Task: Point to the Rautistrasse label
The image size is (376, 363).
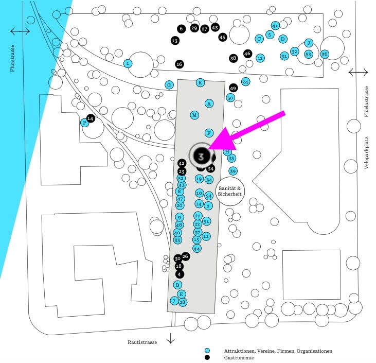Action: pyautogui.click(x=141, y=342)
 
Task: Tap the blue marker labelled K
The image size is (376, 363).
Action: pyautogui.click(x=201, y=82)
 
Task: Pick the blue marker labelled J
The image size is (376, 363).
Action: pyautogui.click(x=309, y=43)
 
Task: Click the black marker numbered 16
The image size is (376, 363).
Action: pyautogui.click(x=179, y=64)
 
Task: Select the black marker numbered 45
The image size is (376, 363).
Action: pyautogui.click(x=223, y=37)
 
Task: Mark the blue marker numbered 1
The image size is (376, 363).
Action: pyautogui.click(x=128, y=63)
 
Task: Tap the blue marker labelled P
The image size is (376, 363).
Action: pyautogui.click(x=84, y=123)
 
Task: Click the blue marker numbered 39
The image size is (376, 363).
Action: pyautogui.click(x=233, y=171)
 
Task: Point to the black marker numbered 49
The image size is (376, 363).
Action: pyautogui.click(x=233, y=88)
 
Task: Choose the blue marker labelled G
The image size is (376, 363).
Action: pyautogui.click(x=169, y=84)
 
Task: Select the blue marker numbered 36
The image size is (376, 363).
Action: pyautogui.click(x=325, y=54)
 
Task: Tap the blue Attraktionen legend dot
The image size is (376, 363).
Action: pyautogui.click(x=207, y=351)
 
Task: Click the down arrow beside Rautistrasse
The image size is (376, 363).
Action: pyautogui.click(x=171, y=338)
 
